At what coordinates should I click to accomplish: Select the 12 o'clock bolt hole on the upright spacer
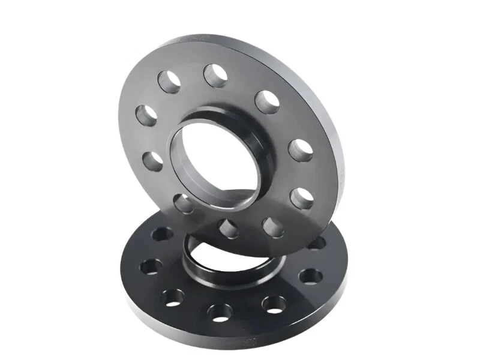pyautogui.click(x=215, y=76)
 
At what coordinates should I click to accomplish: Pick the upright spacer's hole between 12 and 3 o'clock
pyautogui.click(x=267, y=101)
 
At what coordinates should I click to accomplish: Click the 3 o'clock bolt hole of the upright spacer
pyautogui.click(x=300, y=150)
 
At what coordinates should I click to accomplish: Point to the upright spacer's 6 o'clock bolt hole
pyautogui.click(x=229, y=229)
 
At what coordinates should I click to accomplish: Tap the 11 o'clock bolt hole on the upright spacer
pyautogui.click(x=169, y=81)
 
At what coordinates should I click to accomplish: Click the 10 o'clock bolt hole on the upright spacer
pyautogui.click(x=146, y=115)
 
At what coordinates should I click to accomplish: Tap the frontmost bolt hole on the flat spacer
pyautogui.click(x=220, y=311)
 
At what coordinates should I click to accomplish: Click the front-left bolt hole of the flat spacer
pyautogui.click(x=173, y=296)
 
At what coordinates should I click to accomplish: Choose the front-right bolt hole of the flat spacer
pyautogui.click(x=274, y=304)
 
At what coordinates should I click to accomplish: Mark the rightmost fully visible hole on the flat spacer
pyautogui.click(x=310, y=276)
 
